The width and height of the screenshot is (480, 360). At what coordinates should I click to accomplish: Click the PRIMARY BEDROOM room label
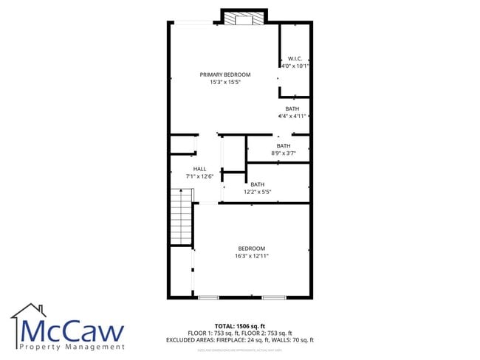pos(225,75)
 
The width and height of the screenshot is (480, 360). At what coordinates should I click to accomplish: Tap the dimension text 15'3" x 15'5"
pos(225,82)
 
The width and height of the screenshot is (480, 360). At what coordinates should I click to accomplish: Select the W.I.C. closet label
pos(295,58)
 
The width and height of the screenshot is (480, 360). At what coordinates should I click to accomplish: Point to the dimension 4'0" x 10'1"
pos(295,66)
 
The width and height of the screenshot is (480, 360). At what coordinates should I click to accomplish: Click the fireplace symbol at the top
pos(244,18)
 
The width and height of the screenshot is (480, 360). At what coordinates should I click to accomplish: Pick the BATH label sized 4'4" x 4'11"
pos(292,108)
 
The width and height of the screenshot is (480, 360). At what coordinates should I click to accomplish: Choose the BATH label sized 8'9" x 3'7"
pos(284,145)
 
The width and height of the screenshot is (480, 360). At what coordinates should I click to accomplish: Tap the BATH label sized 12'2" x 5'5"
pos(258,184)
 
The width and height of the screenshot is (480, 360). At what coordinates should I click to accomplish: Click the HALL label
pos(199,169)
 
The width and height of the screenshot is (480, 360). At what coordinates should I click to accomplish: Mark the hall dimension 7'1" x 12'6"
pos(199,176)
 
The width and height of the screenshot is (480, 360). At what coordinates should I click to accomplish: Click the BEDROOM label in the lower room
pos(251,249)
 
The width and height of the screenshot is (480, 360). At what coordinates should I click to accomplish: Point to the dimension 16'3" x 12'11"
pos(251,256)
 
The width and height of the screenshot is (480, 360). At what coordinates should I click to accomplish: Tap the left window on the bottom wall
pos(208,297)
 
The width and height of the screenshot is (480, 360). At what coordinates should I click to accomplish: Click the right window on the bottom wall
pos(274,297)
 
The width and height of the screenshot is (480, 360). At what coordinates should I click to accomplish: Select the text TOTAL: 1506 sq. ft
pos(239,325)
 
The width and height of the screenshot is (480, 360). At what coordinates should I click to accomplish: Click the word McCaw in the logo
pos(72,330)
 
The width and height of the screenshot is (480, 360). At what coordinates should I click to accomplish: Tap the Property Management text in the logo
pos(72,347)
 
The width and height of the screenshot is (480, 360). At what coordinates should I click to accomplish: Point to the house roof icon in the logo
pos(28,311)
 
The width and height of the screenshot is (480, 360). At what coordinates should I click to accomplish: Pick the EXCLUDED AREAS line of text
pos(239,340)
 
